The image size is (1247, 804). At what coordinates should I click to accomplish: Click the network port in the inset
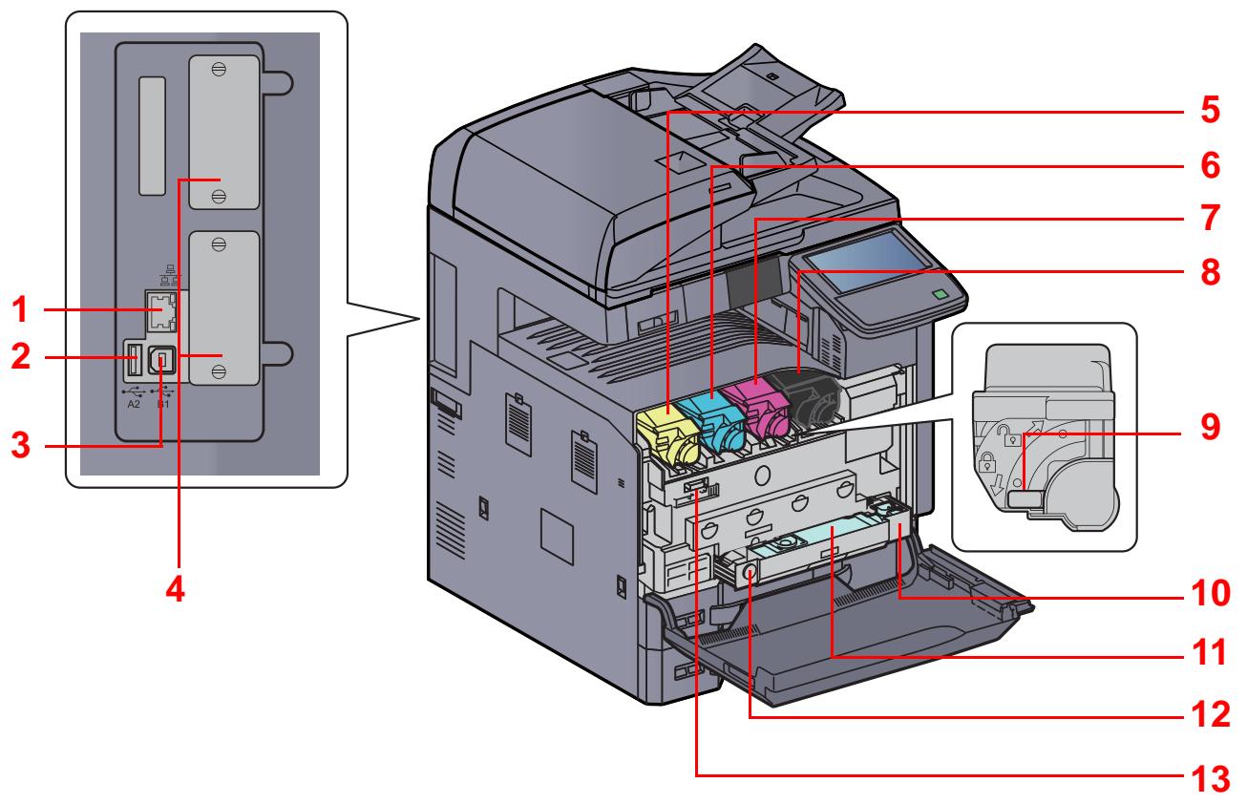tap(159, 309)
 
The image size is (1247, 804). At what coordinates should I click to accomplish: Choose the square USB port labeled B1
tap(162, 364)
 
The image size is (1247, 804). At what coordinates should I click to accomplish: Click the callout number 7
tap(1209, 219)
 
